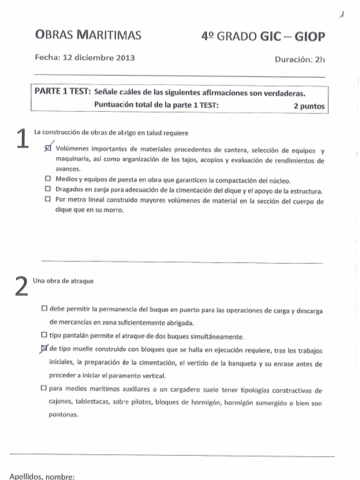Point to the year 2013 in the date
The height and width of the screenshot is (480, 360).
124,58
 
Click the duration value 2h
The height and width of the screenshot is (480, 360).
320,60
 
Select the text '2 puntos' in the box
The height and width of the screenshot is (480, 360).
309,106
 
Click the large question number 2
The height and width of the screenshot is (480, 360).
21,287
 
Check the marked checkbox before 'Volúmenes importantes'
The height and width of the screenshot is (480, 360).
47,149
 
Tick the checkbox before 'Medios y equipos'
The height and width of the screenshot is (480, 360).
47,179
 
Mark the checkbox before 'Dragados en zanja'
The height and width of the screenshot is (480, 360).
47,189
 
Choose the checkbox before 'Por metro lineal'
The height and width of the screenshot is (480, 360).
47,199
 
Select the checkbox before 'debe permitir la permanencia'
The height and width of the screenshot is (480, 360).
44,309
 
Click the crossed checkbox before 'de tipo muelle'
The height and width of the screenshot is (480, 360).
44,348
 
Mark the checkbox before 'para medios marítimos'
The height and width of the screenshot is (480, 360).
44,388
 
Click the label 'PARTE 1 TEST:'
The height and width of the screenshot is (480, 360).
62,91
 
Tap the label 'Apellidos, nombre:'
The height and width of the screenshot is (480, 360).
42,476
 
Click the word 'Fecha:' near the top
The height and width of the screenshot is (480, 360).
48,58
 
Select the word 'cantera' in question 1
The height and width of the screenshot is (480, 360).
235,150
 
